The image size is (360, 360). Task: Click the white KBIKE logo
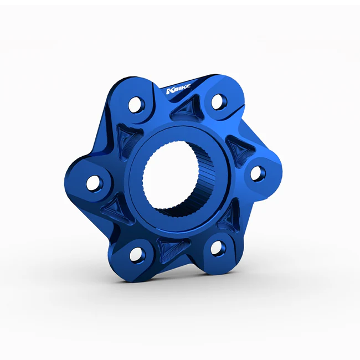(178, 89)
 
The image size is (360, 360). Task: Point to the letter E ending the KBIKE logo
(188, 86)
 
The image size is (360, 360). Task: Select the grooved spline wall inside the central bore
(202, 184)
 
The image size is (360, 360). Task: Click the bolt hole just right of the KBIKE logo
(219, 101)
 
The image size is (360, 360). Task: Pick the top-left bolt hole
(137, 105)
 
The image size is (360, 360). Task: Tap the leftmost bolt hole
(94, 183)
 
